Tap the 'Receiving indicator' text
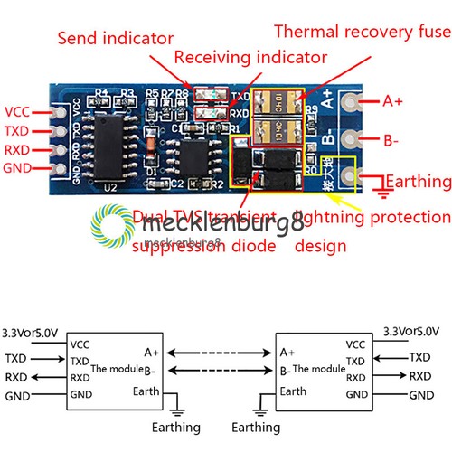250,58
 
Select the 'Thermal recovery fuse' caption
362,31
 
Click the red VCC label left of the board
18,112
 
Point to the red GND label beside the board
18,168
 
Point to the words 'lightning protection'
372,217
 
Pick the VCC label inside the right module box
356,344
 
